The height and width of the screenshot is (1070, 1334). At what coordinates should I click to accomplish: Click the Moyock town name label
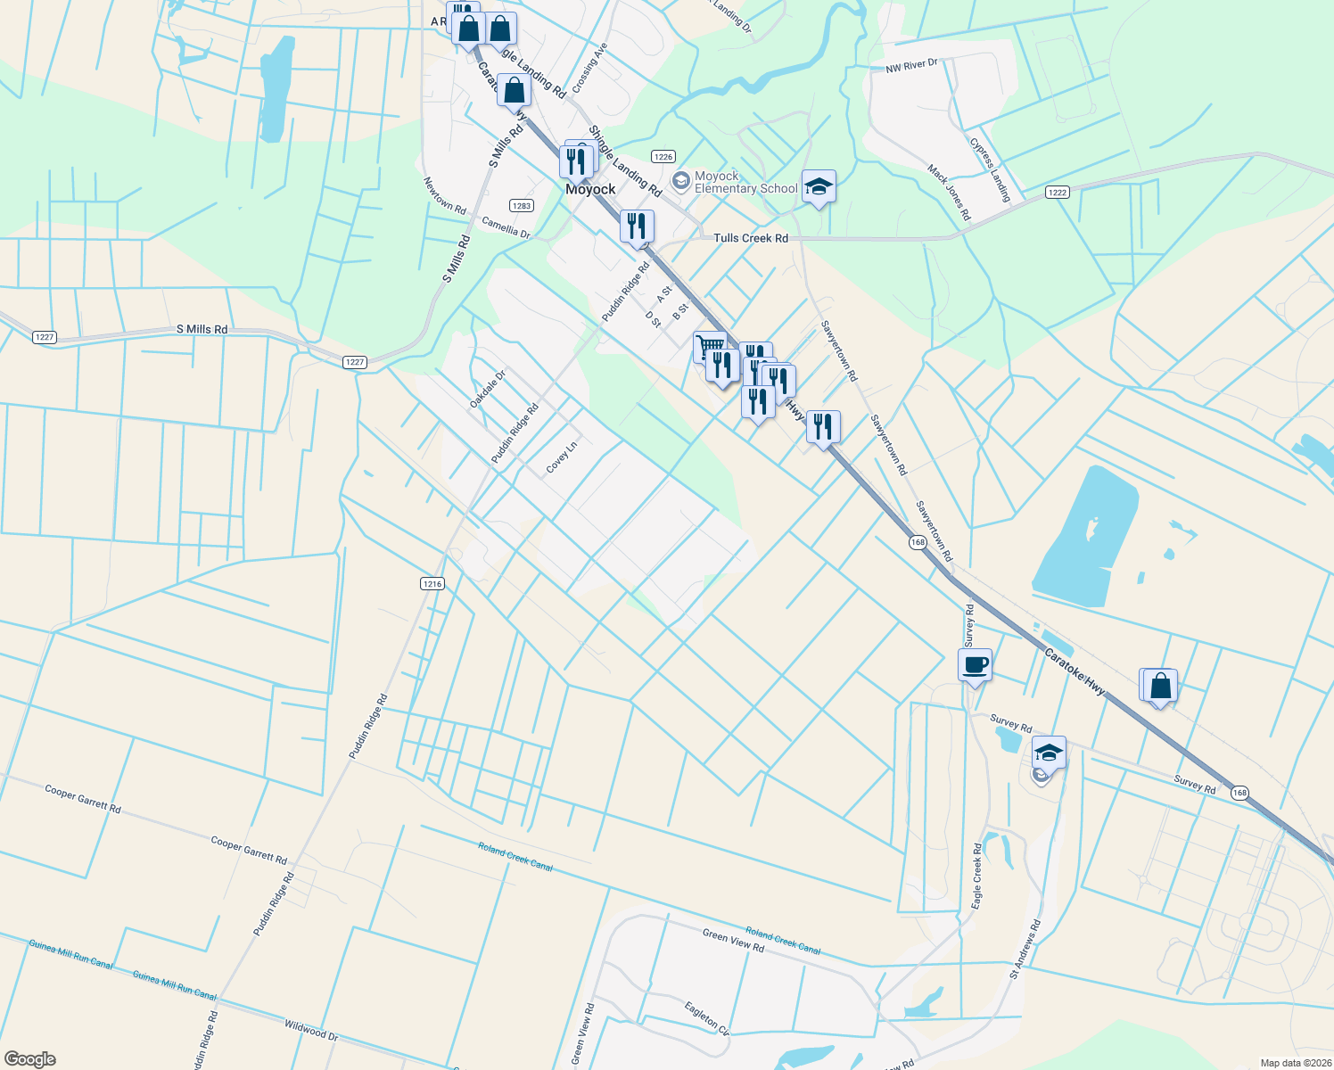[590, 189]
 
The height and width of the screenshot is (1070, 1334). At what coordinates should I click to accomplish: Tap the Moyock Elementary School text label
[745, 183]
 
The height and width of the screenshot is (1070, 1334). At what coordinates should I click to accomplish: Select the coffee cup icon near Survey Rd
[975, 664]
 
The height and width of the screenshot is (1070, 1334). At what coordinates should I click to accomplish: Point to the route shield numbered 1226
[662, 157]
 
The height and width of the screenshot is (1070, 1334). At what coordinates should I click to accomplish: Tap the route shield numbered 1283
[522, 206]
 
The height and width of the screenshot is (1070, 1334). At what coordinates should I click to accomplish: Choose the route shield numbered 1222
[1058, 193]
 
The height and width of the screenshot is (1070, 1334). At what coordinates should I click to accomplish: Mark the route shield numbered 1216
[432, 584]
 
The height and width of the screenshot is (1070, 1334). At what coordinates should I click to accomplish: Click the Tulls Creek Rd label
[751, 238]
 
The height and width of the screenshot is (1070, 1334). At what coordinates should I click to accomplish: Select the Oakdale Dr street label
[488, 390]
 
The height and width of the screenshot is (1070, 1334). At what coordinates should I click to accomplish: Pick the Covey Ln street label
[562, 457]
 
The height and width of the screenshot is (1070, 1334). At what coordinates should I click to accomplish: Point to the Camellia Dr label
[506, 227]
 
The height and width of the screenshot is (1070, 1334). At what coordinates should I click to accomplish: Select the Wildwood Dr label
[311, 1031]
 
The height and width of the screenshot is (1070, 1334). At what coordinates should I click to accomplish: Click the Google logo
[30, 1059]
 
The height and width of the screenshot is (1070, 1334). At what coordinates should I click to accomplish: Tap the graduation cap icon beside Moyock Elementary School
[819, 187]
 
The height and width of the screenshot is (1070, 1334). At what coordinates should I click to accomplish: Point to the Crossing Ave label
[589, 68]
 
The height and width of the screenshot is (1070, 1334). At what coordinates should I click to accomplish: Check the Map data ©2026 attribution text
[1293, 1063]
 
